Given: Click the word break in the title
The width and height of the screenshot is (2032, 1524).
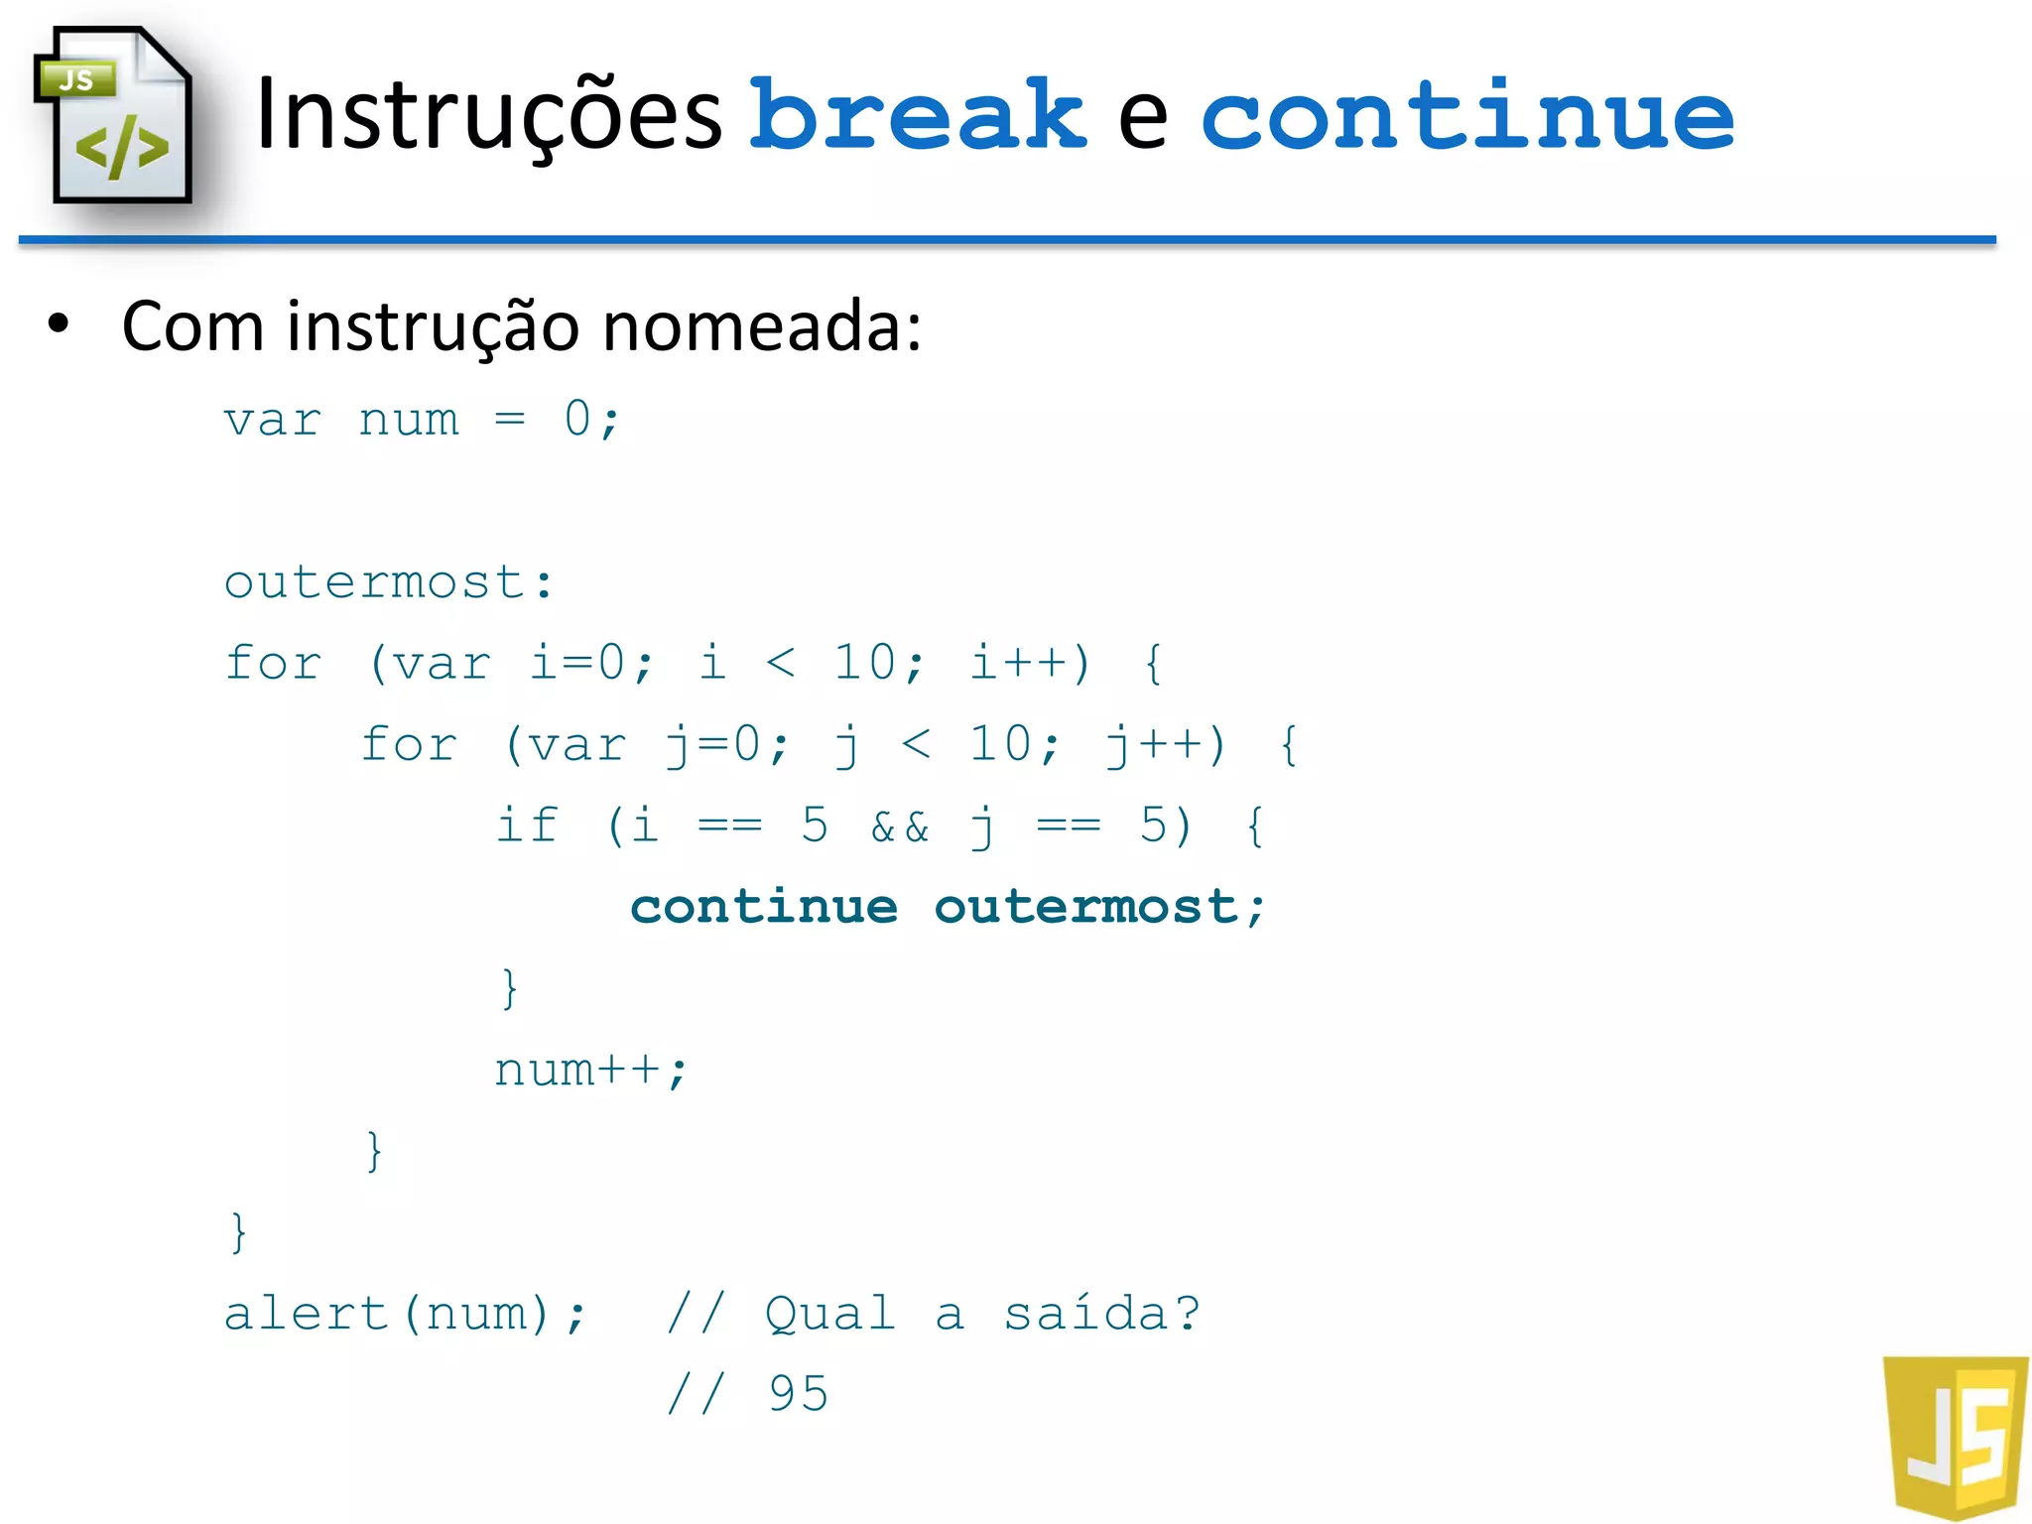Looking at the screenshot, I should coord(918,116).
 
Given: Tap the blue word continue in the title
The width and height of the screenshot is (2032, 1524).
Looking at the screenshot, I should coord(1466,116).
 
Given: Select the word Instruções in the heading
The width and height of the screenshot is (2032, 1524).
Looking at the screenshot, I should coord(488,116).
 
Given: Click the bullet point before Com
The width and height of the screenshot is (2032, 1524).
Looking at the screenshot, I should coord(60,324).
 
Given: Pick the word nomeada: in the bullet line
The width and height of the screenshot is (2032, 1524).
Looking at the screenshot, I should coord(762,326).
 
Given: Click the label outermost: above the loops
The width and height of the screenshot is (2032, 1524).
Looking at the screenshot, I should coord(389,582).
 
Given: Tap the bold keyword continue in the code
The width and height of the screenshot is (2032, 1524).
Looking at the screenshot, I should coord(764,907).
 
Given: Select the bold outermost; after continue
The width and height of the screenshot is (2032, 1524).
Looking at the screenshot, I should coord(1099,907).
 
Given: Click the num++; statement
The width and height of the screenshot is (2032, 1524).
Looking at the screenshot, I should coord(590,1070).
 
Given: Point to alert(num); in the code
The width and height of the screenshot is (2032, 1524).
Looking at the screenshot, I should coord(405,1314).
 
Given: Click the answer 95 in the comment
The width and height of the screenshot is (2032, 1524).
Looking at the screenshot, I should coord(798,1394).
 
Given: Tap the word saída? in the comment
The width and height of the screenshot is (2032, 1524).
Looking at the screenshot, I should coord(1101,1314).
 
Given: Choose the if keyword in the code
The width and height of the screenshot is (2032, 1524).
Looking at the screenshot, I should coord(527,825).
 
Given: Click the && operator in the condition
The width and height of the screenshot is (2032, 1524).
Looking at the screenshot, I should coord(900,826).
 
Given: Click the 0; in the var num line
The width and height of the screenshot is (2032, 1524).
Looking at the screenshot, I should coord(591,420).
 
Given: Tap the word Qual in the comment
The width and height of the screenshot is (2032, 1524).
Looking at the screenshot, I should coord(830,1315).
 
